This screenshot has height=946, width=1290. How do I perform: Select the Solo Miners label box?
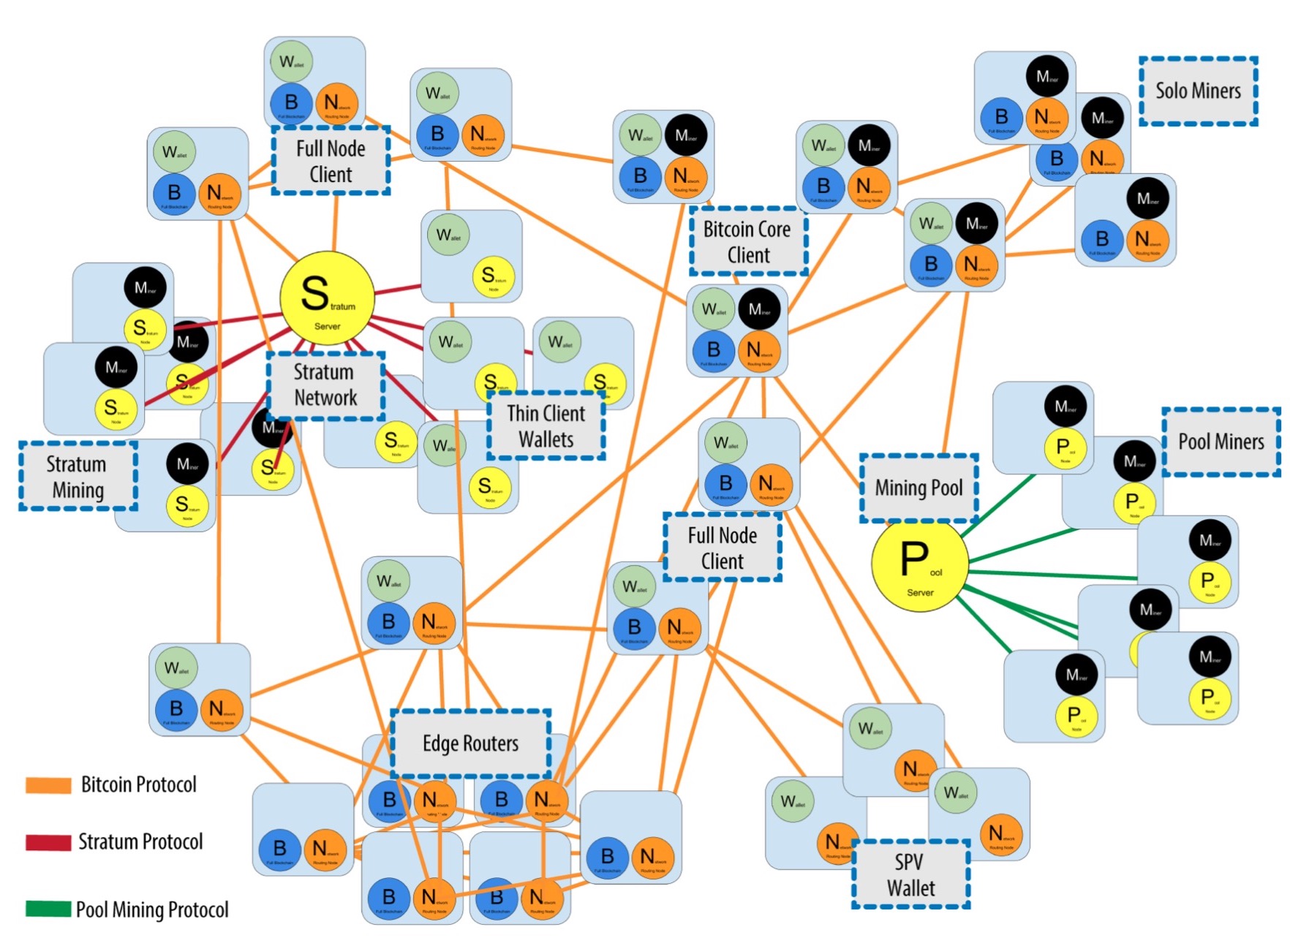tap(1198, 91)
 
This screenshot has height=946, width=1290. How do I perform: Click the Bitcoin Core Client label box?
tap(748, 242)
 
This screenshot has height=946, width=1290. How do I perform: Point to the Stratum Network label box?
tap(325, 385)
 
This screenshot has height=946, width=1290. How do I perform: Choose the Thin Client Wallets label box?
tap(546, 426)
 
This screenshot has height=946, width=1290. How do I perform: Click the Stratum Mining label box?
tap(78, 477)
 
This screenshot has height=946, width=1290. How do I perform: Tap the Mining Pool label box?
tap(919, 488)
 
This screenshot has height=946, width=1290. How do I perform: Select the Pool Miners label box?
tap(1221, 442)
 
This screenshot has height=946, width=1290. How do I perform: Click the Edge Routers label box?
tap(471, 744)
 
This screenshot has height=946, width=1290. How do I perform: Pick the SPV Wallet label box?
tap(910, 875)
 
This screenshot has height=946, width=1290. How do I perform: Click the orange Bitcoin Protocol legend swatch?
tap(48, 785)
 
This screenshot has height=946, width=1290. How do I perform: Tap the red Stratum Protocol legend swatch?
tap(48, 842)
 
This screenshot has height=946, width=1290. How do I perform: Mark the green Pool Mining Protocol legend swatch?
tap(48, 909)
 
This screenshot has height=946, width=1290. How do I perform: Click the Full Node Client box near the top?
tap(331, 161)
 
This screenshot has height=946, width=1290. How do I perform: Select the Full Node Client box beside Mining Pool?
tap(723, 548)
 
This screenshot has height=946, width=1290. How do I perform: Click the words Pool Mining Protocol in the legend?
tap(153, 909)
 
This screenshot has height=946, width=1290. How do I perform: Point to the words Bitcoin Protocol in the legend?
tap(139, 785)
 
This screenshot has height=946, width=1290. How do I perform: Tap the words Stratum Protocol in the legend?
tap(140, 842)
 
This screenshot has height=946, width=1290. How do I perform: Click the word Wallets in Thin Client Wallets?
tap(546, 440)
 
